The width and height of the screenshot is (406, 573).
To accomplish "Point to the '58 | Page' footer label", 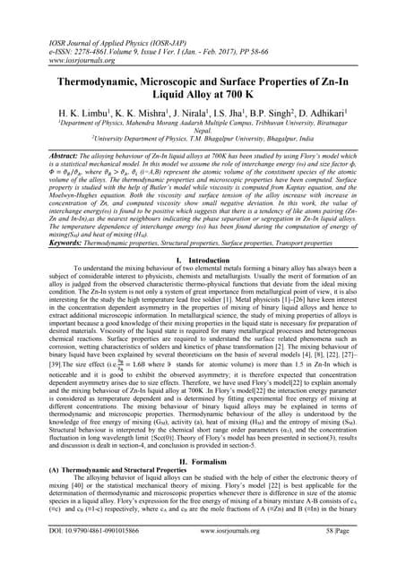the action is pos(351,555).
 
